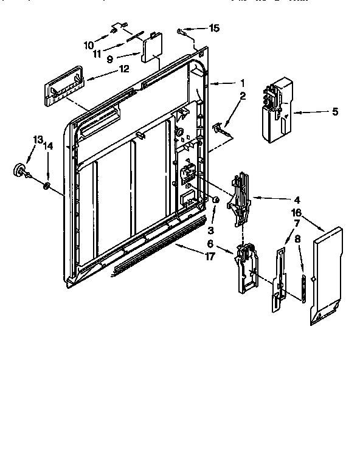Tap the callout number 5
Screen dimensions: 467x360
point(334,111)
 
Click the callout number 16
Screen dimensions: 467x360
point(296,212)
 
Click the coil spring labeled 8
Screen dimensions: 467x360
point(302,286)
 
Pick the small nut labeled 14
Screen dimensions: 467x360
point(47,185)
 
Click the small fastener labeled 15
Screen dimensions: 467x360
point(181,30)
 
